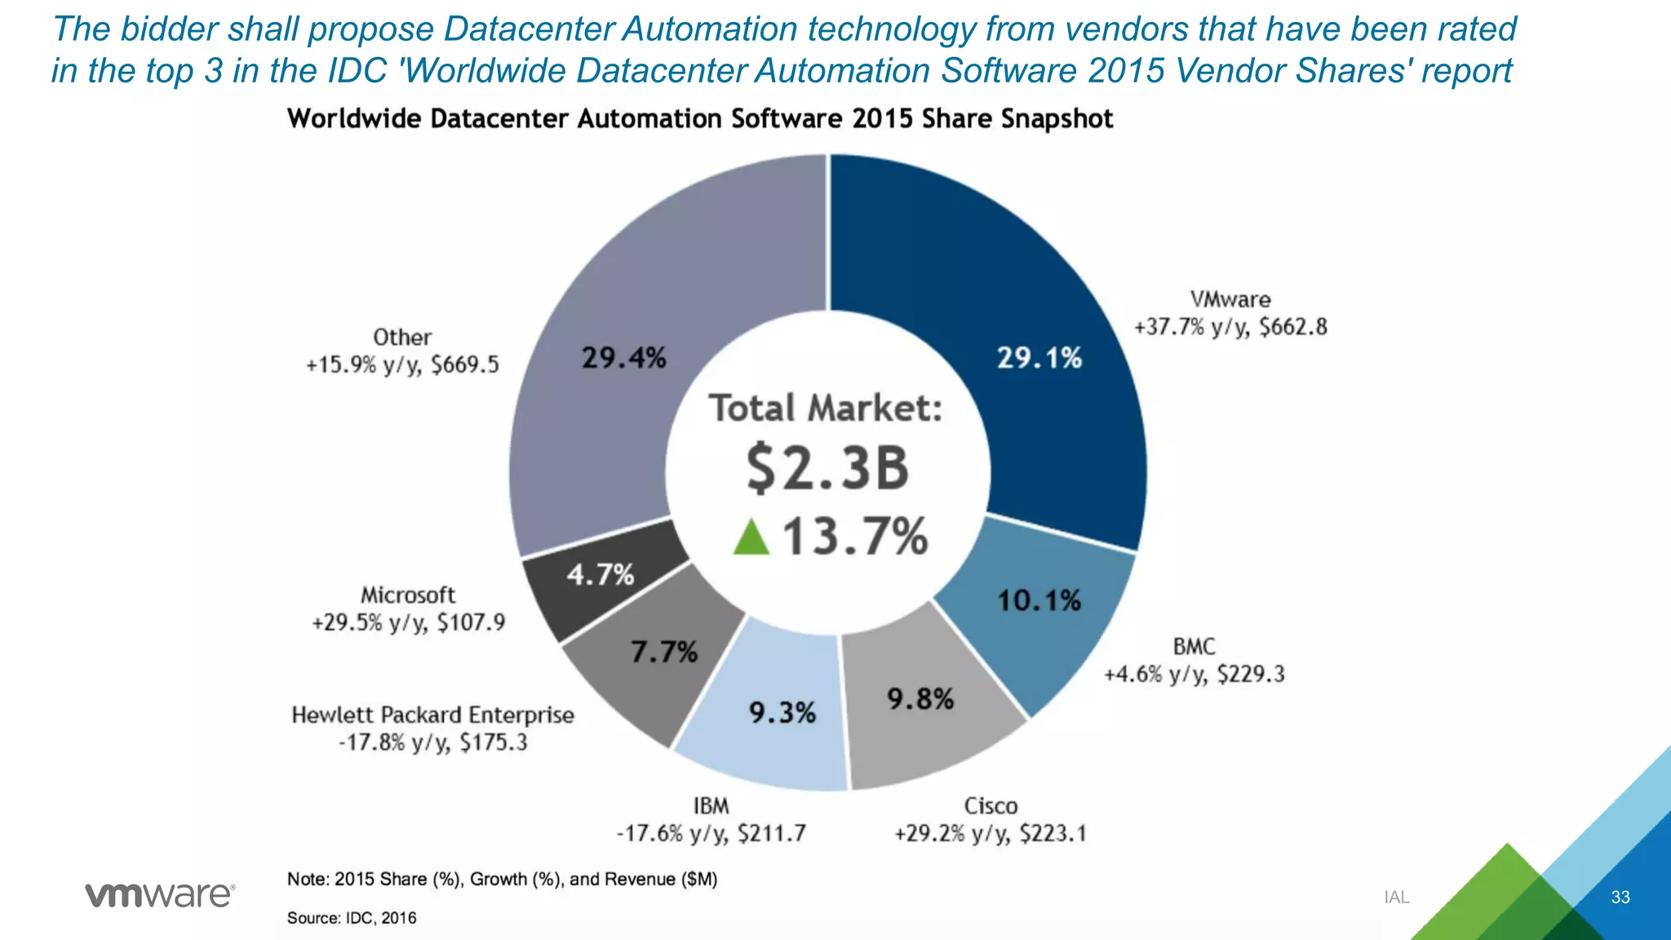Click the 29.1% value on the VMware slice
tap(1039, 357)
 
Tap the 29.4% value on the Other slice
tap(623, 357)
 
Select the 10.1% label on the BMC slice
tap(1039, 601)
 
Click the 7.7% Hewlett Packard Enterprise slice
tap(653, 669)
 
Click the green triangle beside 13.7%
tap(751, 538)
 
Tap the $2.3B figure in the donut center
tap(827, 468)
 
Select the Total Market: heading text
tap(825, 408)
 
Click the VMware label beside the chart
tap(1230, 299)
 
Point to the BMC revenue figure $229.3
tap(1250, 674)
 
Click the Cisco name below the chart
tap(991, 806)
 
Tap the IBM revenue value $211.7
tap(771, 834)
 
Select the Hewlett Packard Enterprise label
tap(432, 716)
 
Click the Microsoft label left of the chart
tap(408, 595)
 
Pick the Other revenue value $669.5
tap(464, 365)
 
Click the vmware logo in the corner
tap(160, 895)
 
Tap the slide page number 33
tap(1620, 898)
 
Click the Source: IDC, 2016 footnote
tap(352, 918)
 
